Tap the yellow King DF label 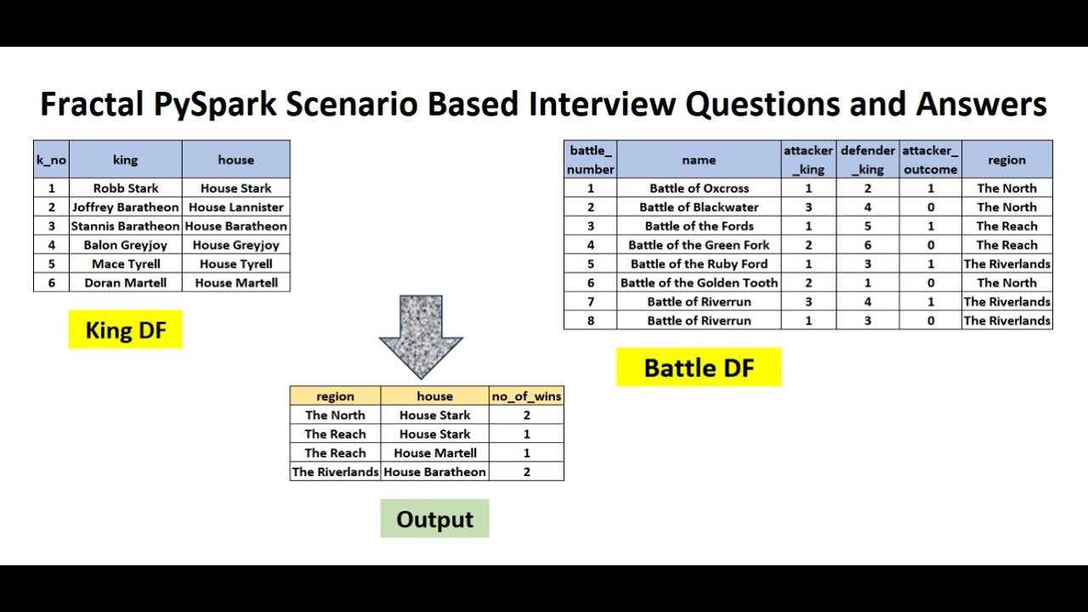tap(125, 330)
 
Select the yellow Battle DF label tap(699, 368)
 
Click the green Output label tap(434, 519)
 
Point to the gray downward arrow tap(421, 336)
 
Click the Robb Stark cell tap(126, 188)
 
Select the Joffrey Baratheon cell tap(126, 207)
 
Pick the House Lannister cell tap(236, 207)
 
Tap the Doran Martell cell tap(126, 283)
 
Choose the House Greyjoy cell tap(236, 245)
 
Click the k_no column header tap(51, 160)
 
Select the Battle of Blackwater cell tap(699, 207)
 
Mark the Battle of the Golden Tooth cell tap(699, 283)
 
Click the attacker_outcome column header tap(930, 160)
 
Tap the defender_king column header tap(868, 160)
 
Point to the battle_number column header tap(590, 160)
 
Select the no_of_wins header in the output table tap(526, 396)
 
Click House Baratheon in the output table tap(434, 472)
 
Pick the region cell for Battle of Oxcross tap(1006, 188)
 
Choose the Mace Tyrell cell tap(126, 263)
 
